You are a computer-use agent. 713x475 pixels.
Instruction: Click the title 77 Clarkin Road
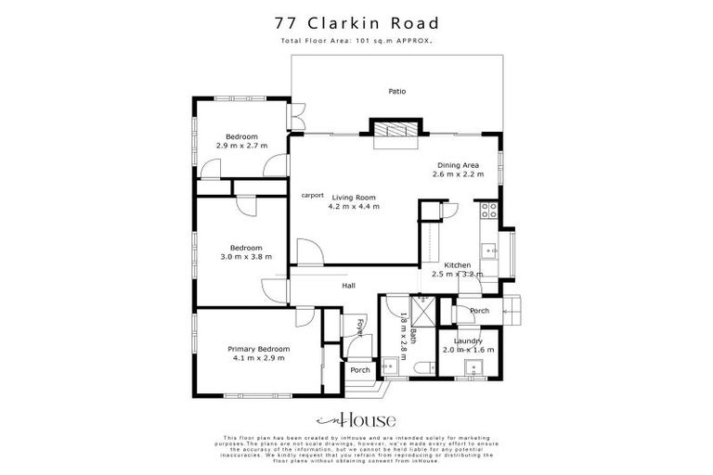(x=356, y=22)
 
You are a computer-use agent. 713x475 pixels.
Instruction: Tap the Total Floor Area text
(x=356, y=42)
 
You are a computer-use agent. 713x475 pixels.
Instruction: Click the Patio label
(x=396, y=91)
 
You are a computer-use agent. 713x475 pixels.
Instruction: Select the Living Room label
(x=353, y=197)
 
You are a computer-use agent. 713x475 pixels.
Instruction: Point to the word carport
(x=312, y=196)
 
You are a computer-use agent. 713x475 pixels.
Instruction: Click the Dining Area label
(x=458, y=165)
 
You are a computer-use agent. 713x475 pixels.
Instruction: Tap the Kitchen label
(x=458, y=265)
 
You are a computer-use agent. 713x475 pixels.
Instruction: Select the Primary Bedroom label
(x=259, y=349)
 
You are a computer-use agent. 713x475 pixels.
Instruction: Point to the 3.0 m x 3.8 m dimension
(x=246, y=257)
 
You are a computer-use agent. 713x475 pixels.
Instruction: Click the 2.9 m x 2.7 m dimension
(x=241, y=146)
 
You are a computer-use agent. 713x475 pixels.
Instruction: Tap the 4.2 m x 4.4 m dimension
(x=353, y=207)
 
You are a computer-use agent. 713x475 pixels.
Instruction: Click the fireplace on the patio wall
(x=396, y=131)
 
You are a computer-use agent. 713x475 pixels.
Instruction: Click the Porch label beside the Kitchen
(x=479, y=311)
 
